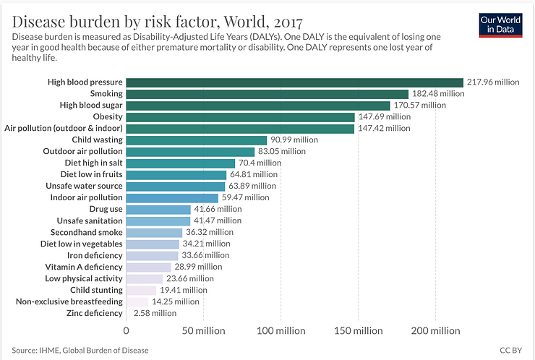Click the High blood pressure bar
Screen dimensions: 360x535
tap(295, 82)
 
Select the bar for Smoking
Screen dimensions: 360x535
tap(267, 94)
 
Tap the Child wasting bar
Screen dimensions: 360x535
tap(197, 140)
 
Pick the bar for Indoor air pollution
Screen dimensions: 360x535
tap(172, 197)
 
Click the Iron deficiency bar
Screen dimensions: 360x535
tap(153, 255)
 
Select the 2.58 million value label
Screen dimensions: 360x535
tap(155, 313)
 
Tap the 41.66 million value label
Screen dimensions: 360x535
tap(218, 209)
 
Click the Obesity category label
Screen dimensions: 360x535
tap(108, 117)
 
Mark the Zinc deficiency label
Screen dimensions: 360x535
tap(94, 313)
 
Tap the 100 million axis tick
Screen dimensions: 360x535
tap(281, 331)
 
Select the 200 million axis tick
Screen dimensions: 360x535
tap(435, 331)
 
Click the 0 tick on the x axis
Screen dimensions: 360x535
tap(127, 331)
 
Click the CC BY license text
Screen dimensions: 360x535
tap(510, 351)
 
